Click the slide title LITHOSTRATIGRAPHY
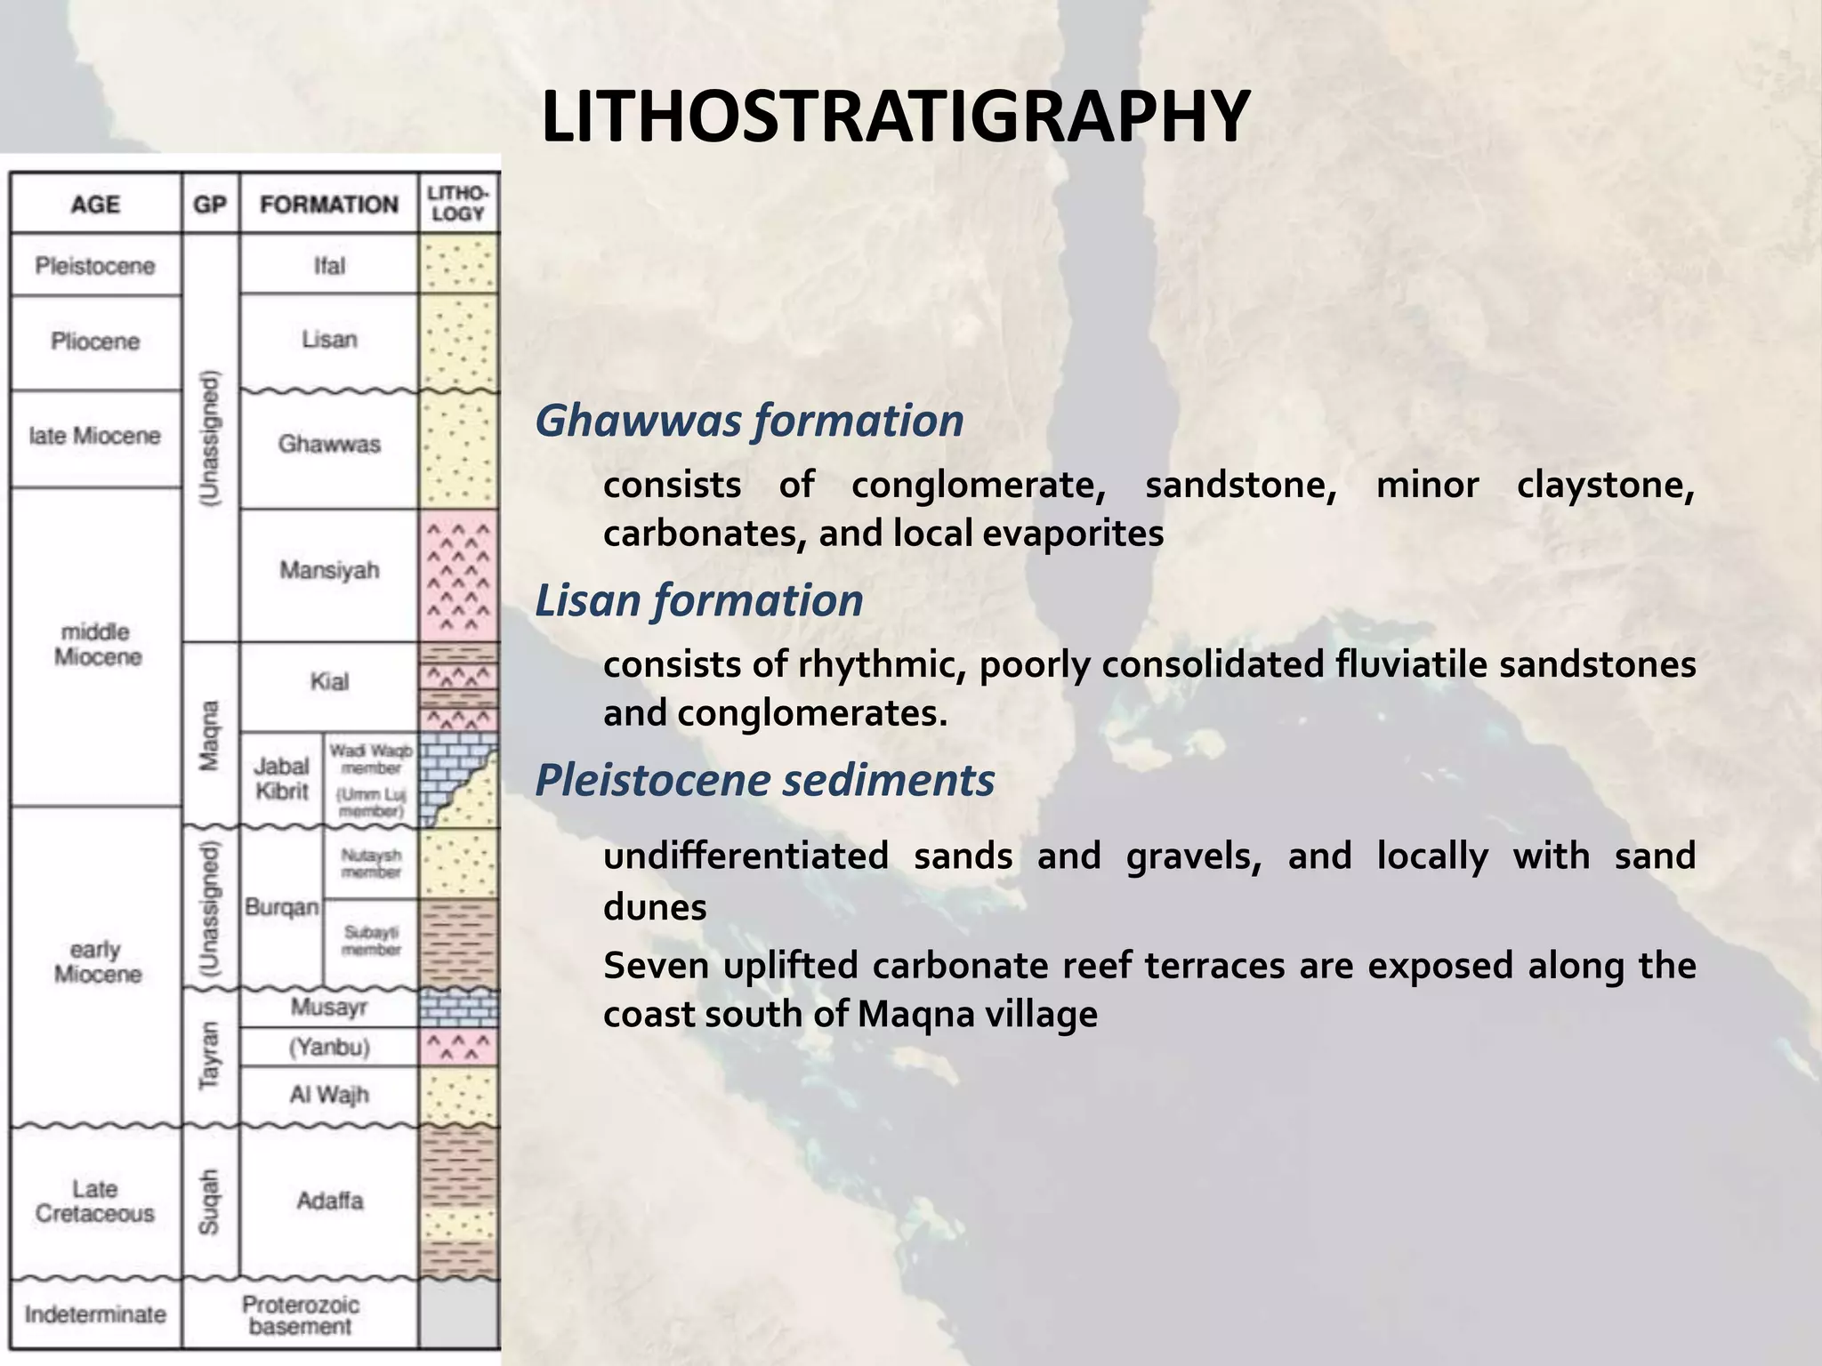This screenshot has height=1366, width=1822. pos(895,117)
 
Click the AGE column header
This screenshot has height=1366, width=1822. pos(95,205)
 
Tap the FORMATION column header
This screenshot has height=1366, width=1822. pos(328,205)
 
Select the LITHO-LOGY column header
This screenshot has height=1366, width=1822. pos(458,204)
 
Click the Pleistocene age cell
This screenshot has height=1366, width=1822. pos(95,266)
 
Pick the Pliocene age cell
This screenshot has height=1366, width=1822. pos(95,341)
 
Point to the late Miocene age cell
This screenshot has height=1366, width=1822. pos(95,436)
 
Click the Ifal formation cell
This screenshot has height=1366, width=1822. pos(328,266)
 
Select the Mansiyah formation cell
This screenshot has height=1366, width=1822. pos(328,570)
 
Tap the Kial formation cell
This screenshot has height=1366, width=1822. pos(328,682)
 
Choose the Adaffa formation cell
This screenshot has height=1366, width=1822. pos(329,1201)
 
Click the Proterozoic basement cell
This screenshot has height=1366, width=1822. pos(301,1315)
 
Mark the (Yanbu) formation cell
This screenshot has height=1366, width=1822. pos(328,1047)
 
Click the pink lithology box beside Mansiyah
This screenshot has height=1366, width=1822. pos(458,576)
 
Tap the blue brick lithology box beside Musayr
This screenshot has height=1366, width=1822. pos(458,1008)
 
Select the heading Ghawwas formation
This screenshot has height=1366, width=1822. pos(749,421)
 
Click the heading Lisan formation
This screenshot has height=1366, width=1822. pos(699,600)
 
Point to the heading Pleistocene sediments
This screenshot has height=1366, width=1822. pos(765,781)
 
